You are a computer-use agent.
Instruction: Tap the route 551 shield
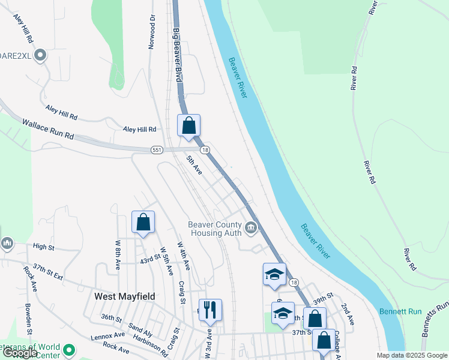point(157,149)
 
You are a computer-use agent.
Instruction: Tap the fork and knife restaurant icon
point(210,310)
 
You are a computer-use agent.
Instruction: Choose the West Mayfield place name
point(125,296)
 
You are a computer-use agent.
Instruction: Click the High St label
point(43,247)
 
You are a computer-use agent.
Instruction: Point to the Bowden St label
point(28,319)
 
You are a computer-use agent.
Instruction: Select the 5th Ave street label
point(194,164)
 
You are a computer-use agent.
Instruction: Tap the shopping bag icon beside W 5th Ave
point(143,223)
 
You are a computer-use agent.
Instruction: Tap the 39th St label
point(323,298)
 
